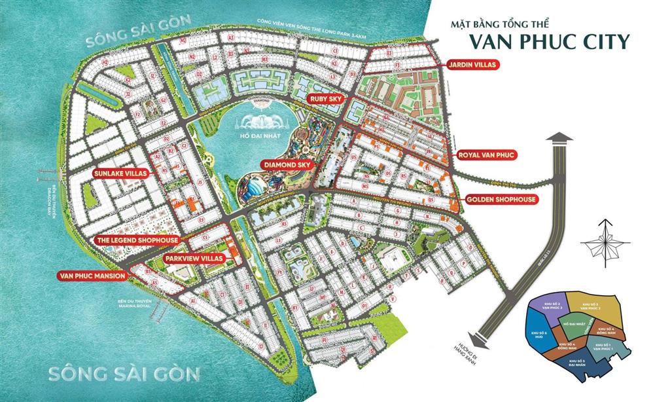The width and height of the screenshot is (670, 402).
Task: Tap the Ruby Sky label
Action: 326,99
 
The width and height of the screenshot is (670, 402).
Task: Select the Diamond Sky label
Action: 286,164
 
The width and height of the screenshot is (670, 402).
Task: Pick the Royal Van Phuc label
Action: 487,155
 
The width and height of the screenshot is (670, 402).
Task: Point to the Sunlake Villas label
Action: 122,173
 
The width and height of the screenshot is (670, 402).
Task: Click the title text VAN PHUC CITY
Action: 550,42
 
